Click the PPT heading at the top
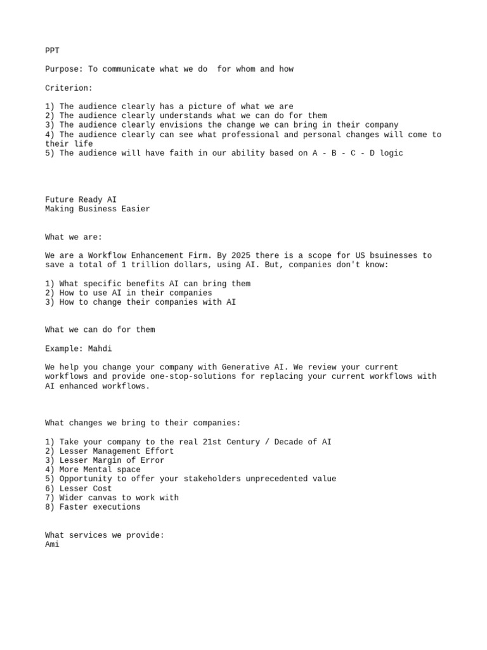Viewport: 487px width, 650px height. [x=52, y=50]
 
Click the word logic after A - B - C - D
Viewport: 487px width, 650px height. [x=391, y=153]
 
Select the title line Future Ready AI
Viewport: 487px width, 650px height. [x=81, y=199]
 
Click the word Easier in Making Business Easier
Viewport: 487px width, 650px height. [x=136, y=209]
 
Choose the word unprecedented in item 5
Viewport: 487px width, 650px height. [x=263, y=479]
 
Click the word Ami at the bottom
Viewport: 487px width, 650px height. [x=52, y=544]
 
